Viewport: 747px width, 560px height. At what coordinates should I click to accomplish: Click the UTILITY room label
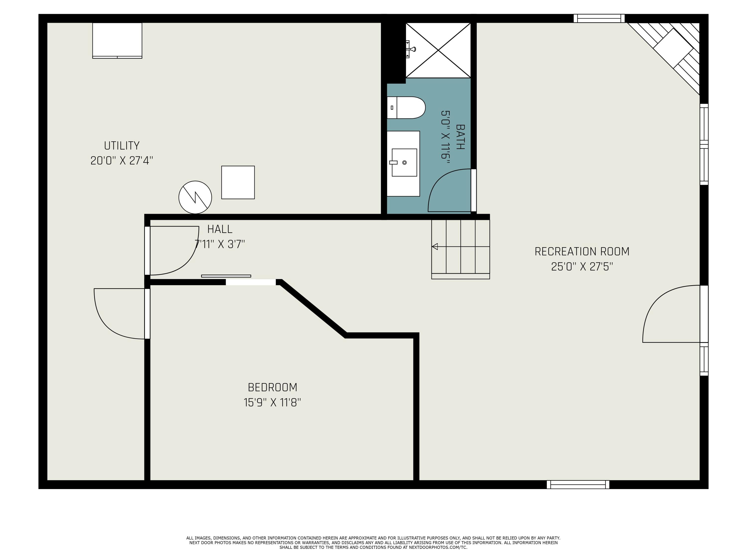click(122, 146)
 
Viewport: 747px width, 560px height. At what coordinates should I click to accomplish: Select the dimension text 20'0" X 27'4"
click(122, 161)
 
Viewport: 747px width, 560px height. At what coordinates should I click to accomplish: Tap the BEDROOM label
click(272, 387)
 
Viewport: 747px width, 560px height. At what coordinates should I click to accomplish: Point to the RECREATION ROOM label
click(582, 251)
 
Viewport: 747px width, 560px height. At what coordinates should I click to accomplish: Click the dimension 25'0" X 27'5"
click(582, 267)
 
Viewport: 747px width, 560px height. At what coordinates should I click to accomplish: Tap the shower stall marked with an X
click(438, 50)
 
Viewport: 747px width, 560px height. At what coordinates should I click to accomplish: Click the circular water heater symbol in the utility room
click(195, 197)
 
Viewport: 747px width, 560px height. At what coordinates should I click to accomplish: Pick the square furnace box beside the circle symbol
click(238, 182)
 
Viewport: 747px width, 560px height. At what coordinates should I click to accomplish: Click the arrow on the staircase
click(435, 247)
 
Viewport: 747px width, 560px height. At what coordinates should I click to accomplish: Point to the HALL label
click(220, 229)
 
